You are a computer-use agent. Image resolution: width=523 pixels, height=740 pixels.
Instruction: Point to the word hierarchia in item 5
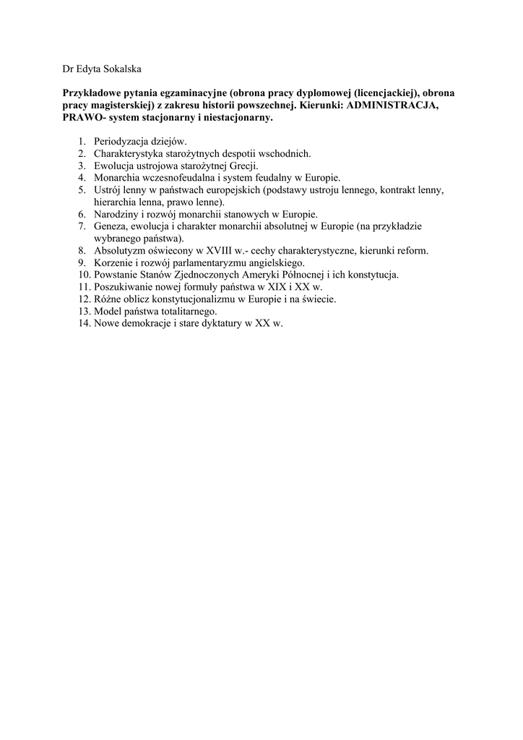tap(116, 202)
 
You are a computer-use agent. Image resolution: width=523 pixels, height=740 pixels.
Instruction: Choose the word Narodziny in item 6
tap(117, 215)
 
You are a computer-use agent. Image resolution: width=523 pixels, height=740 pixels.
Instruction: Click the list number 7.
tap(82, 227)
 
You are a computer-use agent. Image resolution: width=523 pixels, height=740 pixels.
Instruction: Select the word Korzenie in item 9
tap(114, 264)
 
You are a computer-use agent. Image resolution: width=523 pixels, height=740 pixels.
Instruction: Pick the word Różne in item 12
tap(108, 300)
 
